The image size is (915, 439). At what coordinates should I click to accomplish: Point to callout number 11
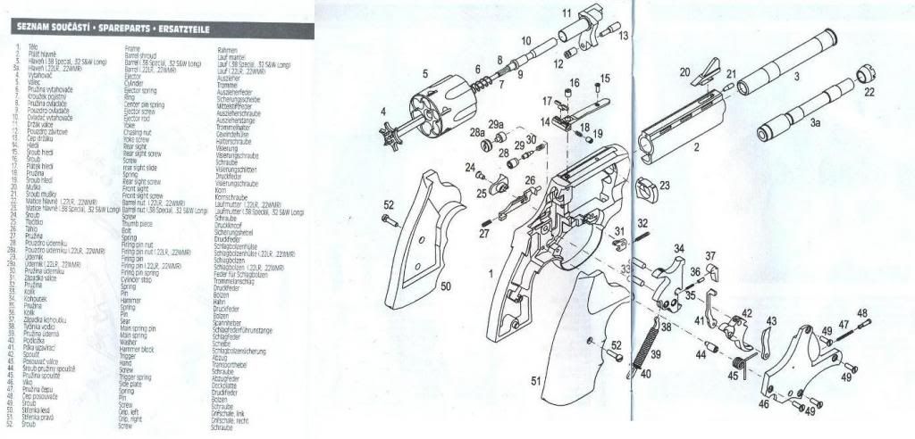click(566, 12)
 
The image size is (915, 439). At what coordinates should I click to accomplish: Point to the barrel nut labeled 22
click(864, 75)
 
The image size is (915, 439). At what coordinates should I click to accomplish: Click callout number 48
click(861, 313)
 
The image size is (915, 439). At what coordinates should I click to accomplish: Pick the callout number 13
click(624, 35)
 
